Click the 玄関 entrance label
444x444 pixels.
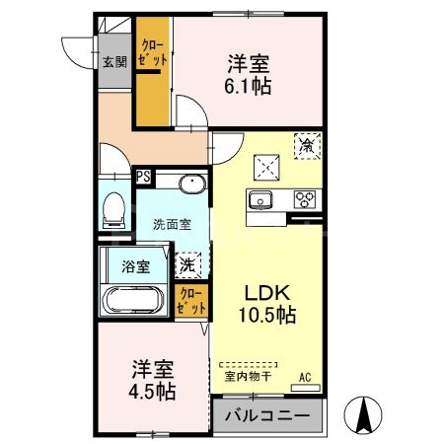[114, 61]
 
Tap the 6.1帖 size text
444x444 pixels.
[250, 85]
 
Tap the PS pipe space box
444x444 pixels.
[144, 178]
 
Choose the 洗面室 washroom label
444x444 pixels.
[171, 224]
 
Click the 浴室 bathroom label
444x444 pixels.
[135, 265]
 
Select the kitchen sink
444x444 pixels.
[262, 200]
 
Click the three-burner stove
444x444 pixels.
[305, 199]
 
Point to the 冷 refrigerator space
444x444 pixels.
[307, 146]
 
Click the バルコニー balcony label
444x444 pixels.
[266, 414]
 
